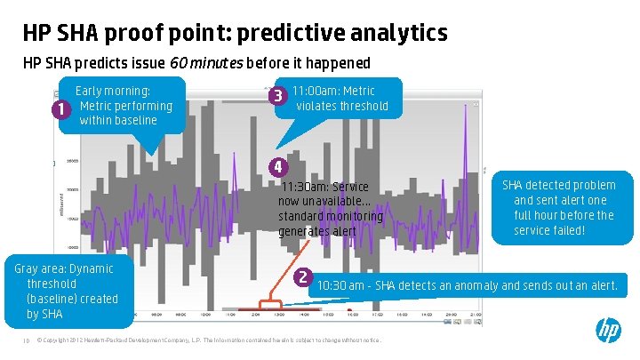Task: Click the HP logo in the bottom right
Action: click(x=608, y=332)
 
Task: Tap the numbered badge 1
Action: click(x=60, y=111)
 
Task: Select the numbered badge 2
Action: click(x=303, y=276)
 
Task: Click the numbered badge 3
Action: click(x=278, y=95)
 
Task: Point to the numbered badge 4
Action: click(x=278, y=166)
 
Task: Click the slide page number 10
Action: click(x=27, y=340)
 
